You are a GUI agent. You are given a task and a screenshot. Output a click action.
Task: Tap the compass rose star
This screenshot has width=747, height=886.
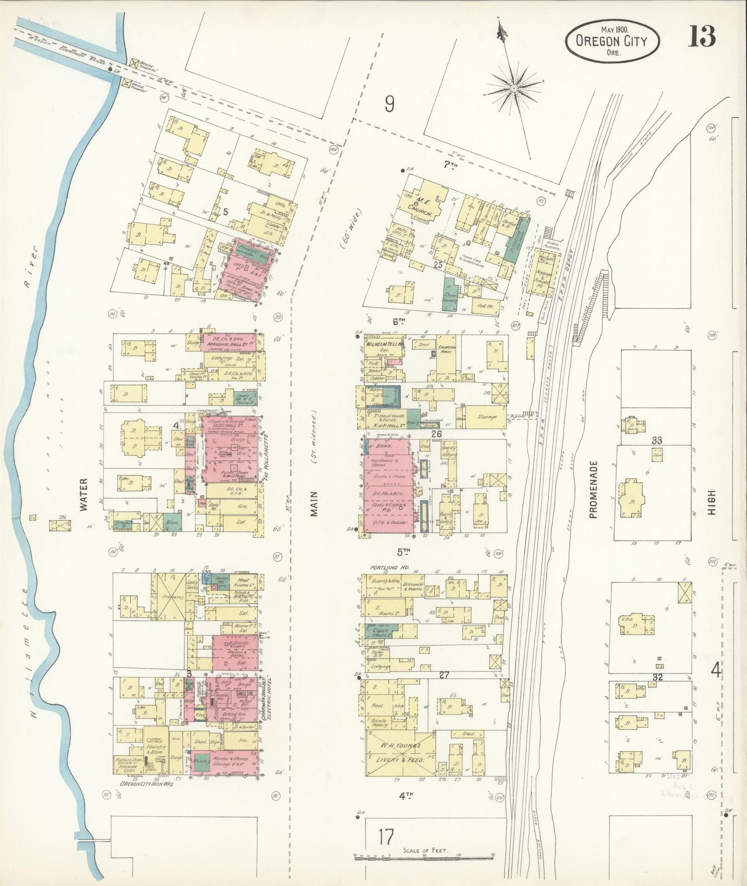pyautogui.click(x=514, y=89)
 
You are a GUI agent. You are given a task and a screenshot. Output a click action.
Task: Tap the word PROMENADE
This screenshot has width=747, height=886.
pyautogui.click(x=593, y=490)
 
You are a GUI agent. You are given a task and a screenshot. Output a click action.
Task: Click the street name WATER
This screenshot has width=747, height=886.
pyautogui.click(x=84, y=495)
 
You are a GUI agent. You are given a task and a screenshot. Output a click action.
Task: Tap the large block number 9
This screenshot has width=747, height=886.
pyautogui.click(x=389, y=104)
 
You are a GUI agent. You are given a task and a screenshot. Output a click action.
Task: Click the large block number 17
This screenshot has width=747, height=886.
pyautogui.click(x=386, y=836)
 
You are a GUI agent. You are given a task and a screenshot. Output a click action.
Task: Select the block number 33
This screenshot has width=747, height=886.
pyautogui.click(x=657, y=440)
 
